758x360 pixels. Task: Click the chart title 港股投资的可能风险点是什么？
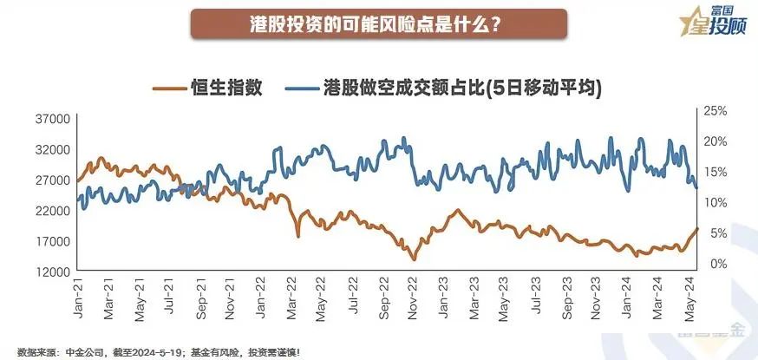[x=378, y=23]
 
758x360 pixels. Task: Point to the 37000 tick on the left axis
[x=51, y=119]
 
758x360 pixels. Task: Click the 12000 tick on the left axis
[x=51, y=272]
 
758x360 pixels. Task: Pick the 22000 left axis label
[x=51, y=211]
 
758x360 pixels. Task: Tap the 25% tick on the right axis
[x=715, y=111]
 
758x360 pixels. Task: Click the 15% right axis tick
[x=715, y=172]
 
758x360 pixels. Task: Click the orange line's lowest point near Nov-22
[x=414, y=259]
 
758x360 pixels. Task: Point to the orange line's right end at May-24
[x=696, y=228]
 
